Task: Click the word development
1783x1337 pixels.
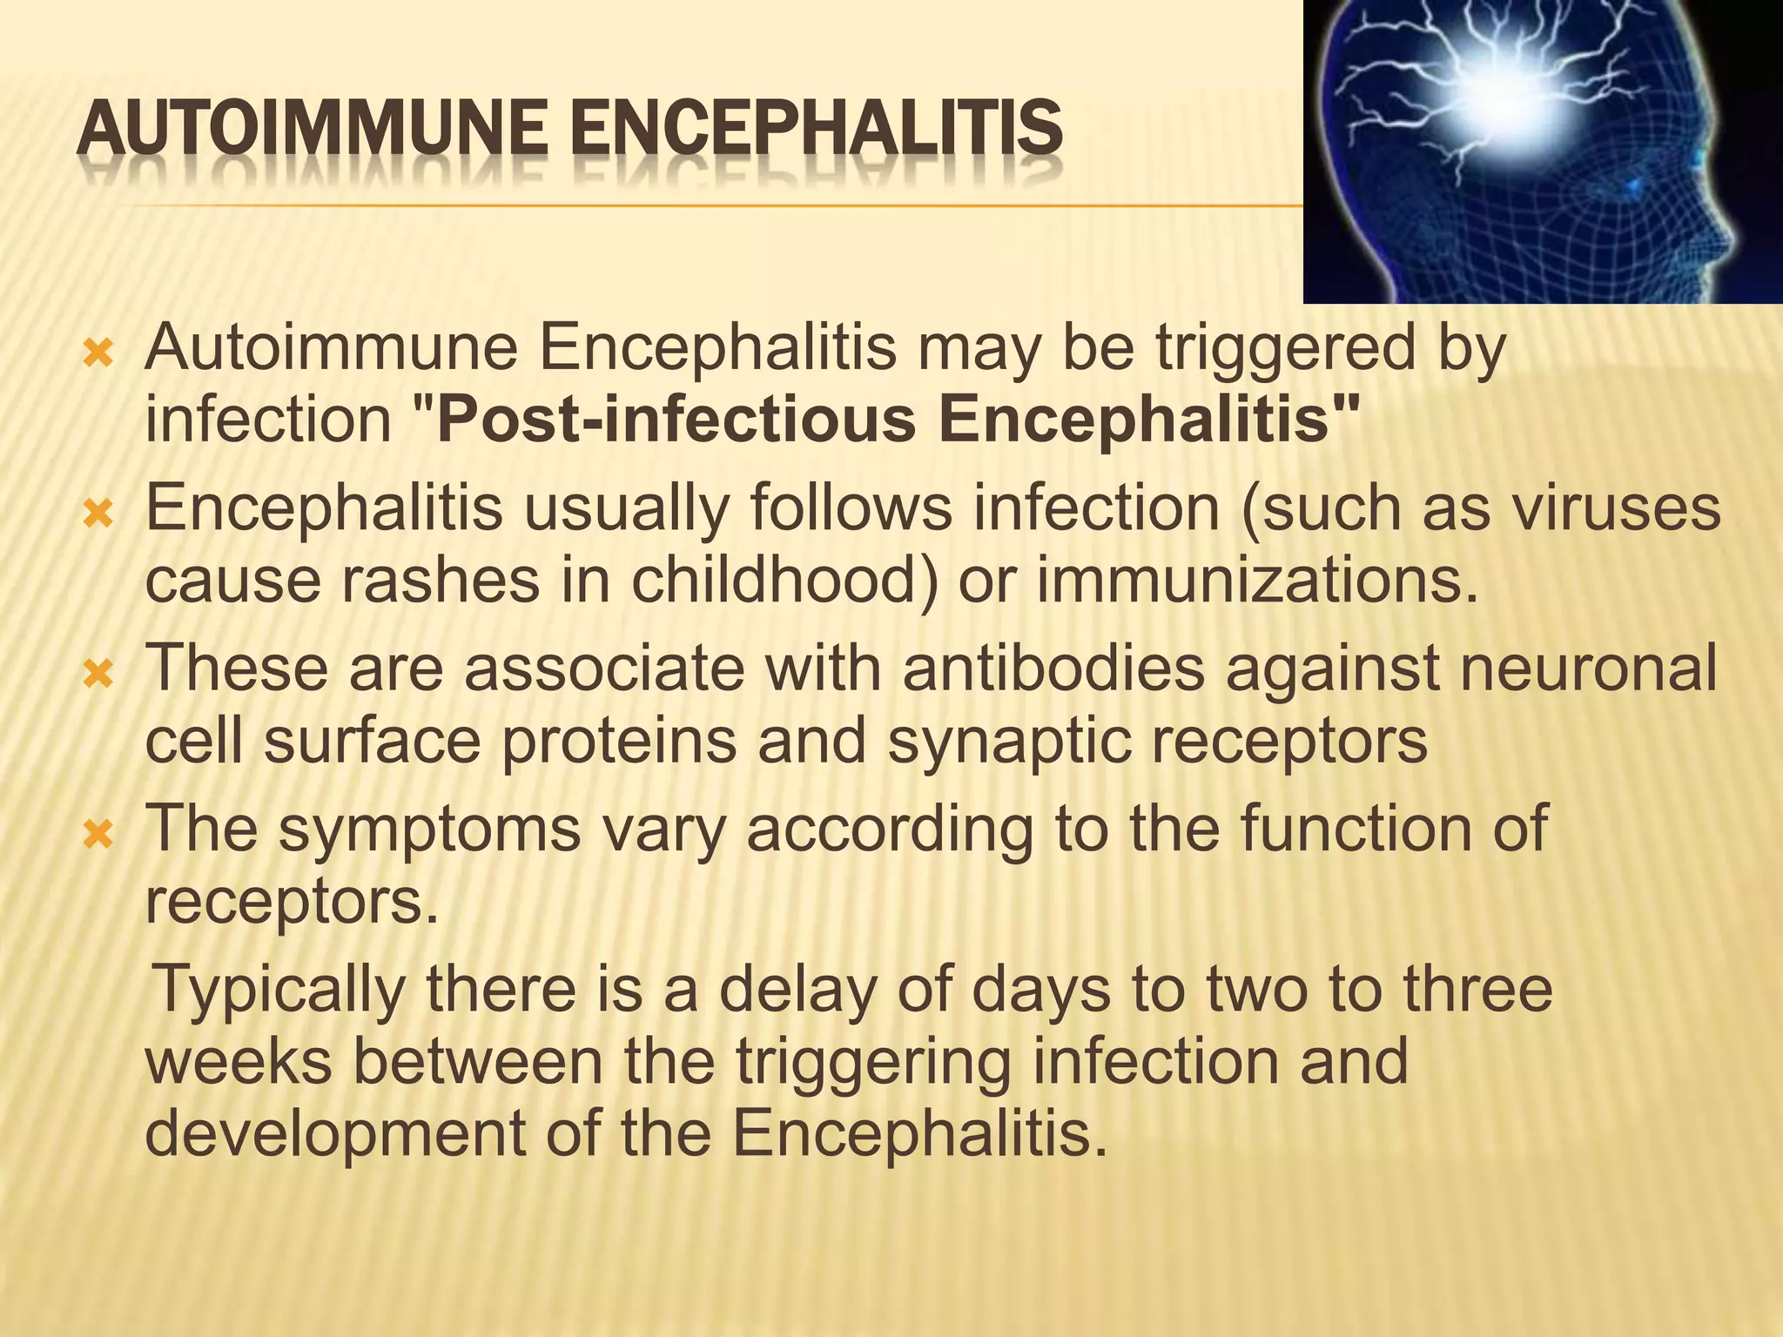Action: tap(336, 1133)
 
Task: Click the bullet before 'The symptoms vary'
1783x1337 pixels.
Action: tap(98, 835)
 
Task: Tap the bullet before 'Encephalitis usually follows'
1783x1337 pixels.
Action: tap(98, 514)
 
